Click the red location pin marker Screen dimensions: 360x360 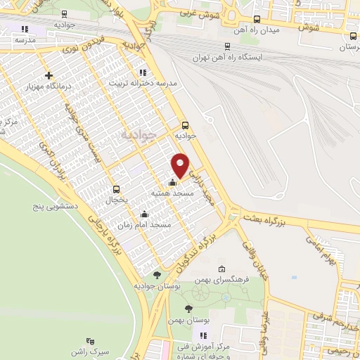pos(180,165)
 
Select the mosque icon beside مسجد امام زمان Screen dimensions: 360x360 pos(146,214)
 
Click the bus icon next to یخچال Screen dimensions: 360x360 pos(116,189)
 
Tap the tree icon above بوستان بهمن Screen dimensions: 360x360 pos(188,309)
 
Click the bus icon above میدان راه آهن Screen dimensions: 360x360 pos(256,20)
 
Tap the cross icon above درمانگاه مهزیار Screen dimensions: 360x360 pos(49,76)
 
